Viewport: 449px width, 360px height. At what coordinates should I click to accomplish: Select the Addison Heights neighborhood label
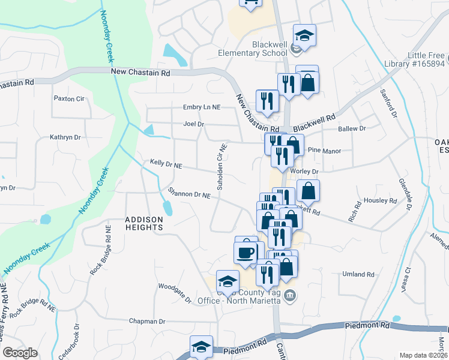coord(144,223)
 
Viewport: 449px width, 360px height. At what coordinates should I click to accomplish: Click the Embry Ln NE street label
coord(202,107)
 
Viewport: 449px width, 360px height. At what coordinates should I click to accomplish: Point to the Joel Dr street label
coord(194,125)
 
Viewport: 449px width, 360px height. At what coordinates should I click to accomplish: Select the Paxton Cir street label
coord(67,98)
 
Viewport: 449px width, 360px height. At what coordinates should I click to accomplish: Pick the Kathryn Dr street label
coord(65,137)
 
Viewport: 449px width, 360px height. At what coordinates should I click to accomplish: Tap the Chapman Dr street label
coord(147,322)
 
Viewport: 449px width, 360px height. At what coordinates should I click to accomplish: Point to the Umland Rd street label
coord(358,274)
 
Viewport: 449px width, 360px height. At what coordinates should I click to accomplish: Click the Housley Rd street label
coord(381,201)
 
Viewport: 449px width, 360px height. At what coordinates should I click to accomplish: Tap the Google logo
coord(20,353)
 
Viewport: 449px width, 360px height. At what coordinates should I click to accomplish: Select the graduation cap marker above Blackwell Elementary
coord(304,35)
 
